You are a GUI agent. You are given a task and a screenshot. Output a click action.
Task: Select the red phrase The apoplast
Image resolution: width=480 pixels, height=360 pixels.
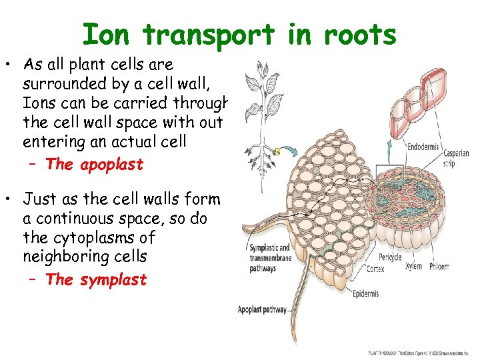coord(94,165)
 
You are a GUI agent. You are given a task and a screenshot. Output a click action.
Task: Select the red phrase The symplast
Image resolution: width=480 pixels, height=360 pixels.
coord(96,279)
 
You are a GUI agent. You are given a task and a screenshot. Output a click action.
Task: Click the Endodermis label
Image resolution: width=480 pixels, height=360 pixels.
coord(424,147)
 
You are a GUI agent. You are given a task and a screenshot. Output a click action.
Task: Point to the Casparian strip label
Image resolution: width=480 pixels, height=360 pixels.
coord(457,158)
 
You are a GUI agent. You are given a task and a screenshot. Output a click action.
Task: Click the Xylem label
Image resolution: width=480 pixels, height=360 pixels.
coord(414,267)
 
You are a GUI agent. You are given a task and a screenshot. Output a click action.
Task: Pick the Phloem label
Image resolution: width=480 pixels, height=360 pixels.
coord(438,267)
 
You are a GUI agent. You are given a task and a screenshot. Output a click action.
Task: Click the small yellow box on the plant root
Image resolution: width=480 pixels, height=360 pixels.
coord(275,151)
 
